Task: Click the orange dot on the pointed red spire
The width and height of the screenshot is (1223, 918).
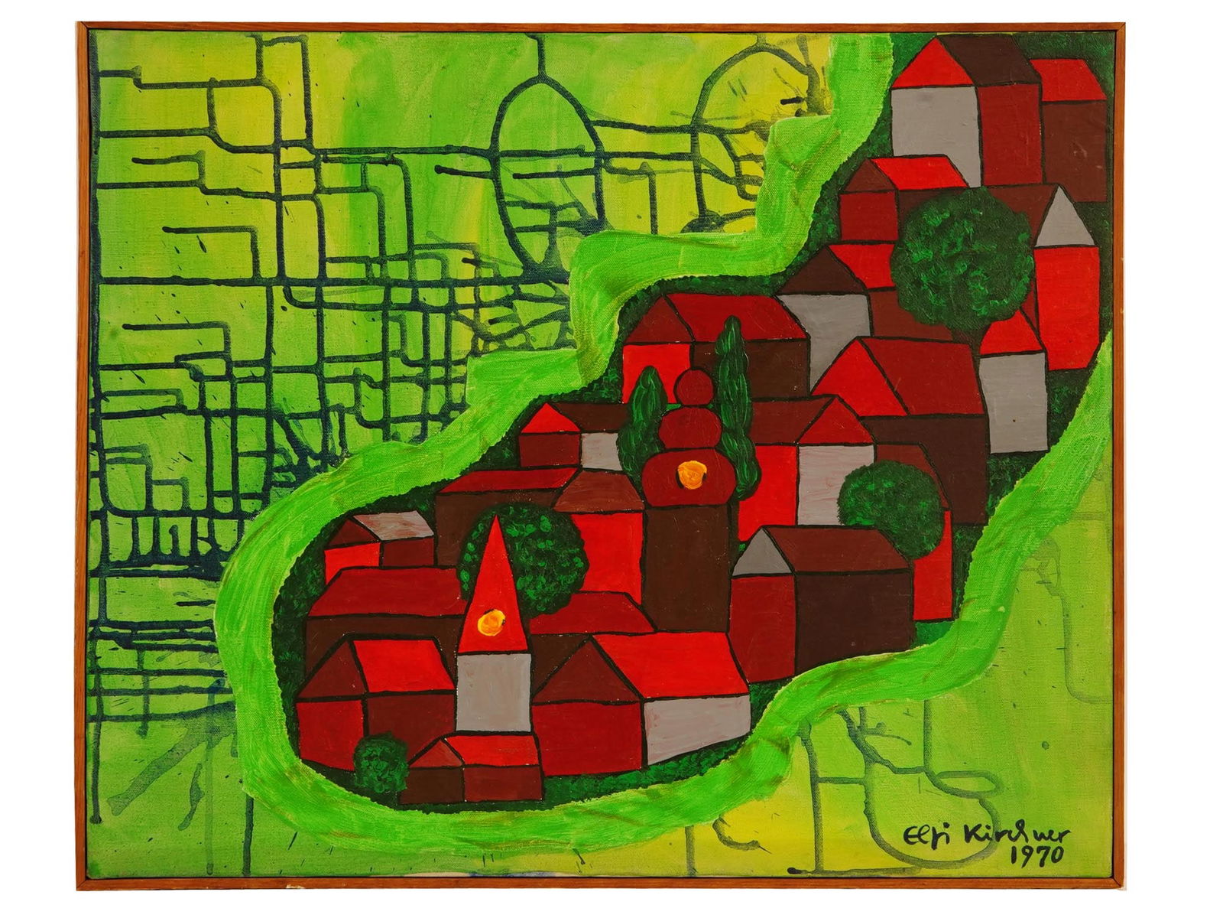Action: (491, 622)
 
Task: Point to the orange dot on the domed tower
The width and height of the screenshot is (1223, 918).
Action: (691, 474)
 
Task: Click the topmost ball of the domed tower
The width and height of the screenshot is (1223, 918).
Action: (695, 387)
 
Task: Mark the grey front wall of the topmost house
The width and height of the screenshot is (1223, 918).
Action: (935, 122)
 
